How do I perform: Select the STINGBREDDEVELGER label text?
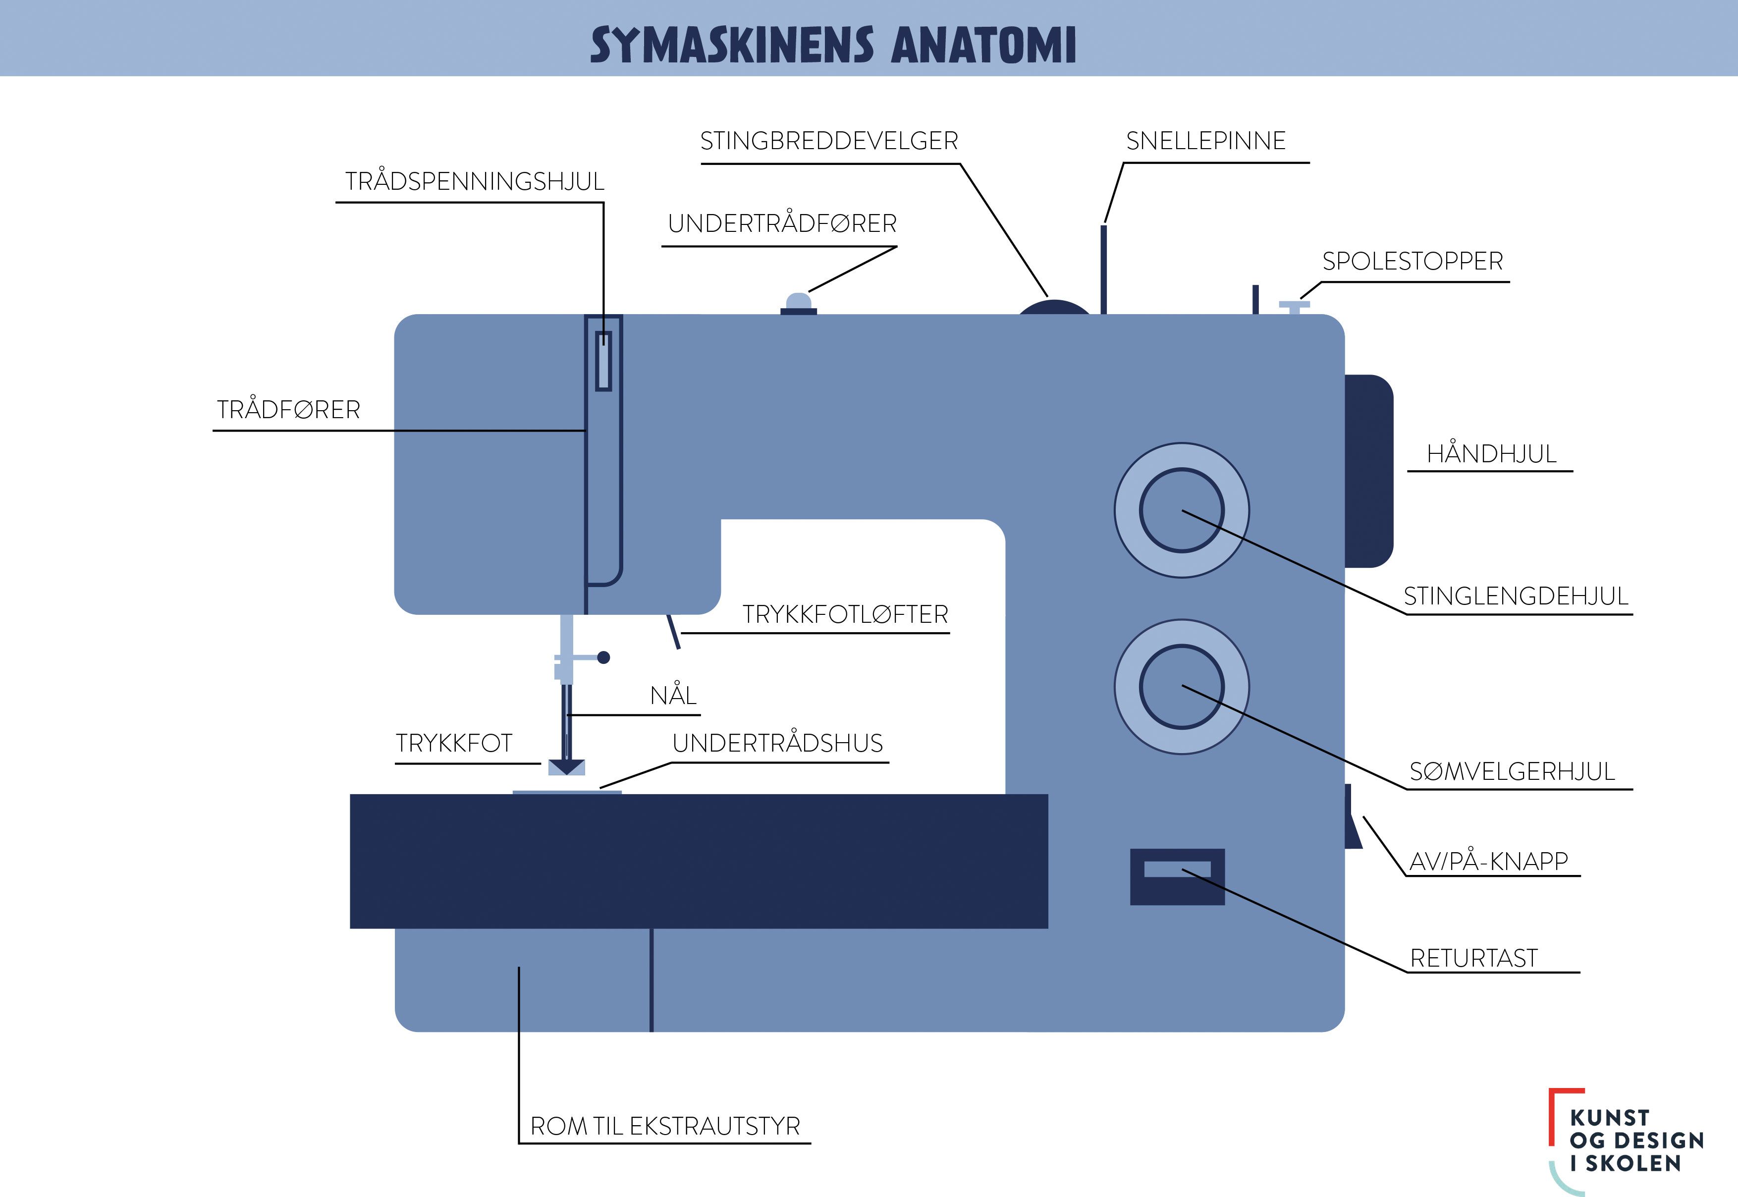point(828,141)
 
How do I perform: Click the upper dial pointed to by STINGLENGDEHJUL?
point(1181,510)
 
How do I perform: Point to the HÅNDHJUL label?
point(1491,454)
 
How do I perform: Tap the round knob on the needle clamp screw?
point(603,658)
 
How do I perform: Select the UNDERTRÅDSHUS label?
point(777,743)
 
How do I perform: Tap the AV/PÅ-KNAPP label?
point(1488,861)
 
